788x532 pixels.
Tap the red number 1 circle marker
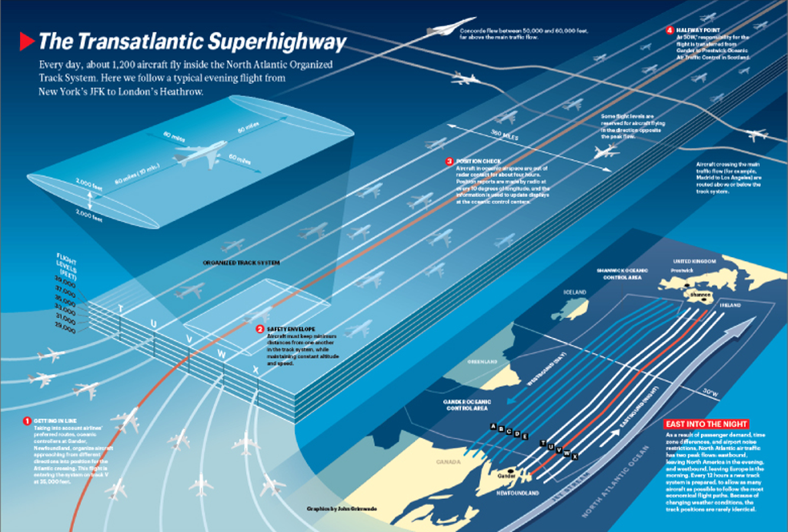27,421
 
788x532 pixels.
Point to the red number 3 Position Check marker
449,161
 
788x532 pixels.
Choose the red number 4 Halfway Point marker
670,30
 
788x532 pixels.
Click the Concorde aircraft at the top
450,28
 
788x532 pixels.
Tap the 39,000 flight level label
65,283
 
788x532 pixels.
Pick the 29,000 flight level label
65,329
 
